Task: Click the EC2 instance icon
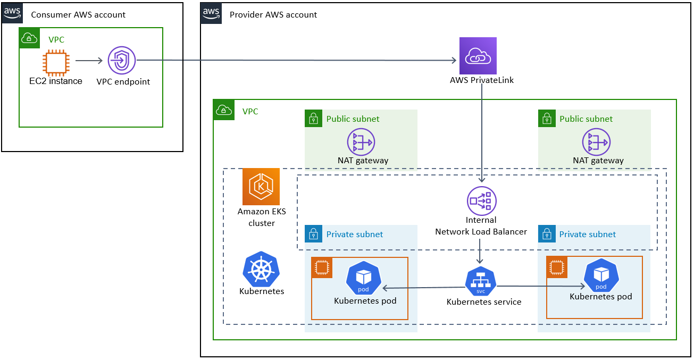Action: (x=56, y=62)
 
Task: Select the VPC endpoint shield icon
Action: (x=122, y=61)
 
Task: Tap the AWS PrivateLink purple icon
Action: (x=478, y=55)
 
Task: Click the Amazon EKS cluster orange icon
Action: (x=261, y=187)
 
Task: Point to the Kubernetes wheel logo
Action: (x=261, y=270)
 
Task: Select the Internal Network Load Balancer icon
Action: (x=481, y=200)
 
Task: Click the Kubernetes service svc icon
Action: (x=480, y=281)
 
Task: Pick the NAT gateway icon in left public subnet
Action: (x=361, y=141)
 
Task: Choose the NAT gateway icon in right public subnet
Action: (x=596, y=141)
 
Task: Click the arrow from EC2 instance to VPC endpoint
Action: (x=89, y=61)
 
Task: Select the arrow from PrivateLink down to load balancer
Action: (x=482, y=133)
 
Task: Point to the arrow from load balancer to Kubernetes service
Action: (x=480, y=250)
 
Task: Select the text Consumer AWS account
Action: (x=78, y=14)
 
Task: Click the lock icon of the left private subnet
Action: (x=314, y=234)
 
